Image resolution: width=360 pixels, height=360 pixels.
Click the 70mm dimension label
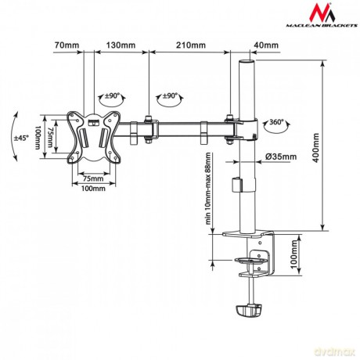pos(67,45)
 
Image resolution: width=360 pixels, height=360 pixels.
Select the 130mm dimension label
pos(121,45)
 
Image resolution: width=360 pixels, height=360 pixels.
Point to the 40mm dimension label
pos(266,45)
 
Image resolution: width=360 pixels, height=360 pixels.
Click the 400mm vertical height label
pos(316,148)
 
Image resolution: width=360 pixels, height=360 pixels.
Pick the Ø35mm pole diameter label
pos(281,157)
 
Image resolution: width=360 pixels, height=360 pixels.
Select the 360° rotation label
pos(276,122)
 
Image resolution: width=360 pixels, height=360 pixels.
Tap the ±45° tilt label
pos(20,138)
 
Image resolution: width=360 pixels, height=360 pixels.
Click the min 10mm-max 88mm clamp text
pos(207,189)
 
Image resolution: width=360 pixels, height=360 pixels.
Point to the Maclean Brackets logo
pos(322,15)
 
